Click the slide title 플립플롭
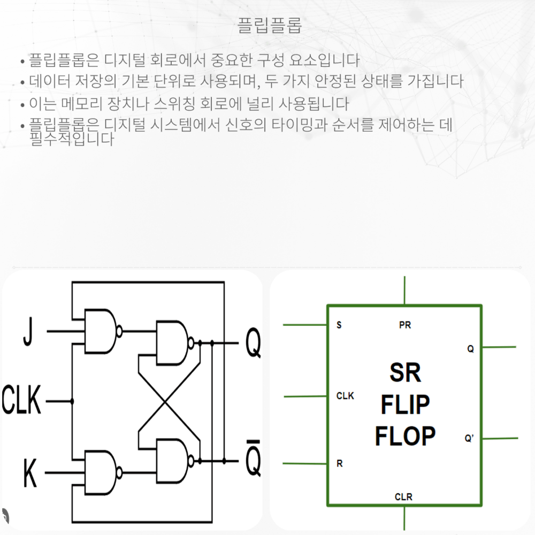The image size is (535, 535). point(270,25)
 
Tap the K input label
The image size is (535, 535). point(30,473)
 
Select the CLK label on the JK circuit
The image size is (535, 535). point(21,401)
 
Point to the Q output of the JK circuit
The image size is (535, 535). point(253,343)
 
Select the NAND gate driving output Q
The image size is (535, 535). point(171,343)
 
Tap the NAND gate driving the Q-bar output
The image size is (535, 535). point(171,461)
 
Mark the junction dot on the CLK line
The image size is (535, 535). point(72,401)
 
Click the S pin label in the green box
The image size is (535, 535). point(339,325)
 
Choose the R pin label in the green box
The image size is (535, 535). point(339,464)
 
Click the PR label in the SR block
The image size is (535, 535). point(405,325)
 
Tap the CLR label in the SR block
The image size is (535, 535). point(403,497)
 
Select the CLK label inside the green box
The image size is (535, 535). point(345,396)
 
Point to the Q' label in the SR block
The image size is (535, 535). point(469,439)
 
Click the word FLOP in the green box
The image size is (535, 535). point(405,437)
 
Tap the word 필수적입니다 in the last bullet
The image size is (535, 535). point(72,140)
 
